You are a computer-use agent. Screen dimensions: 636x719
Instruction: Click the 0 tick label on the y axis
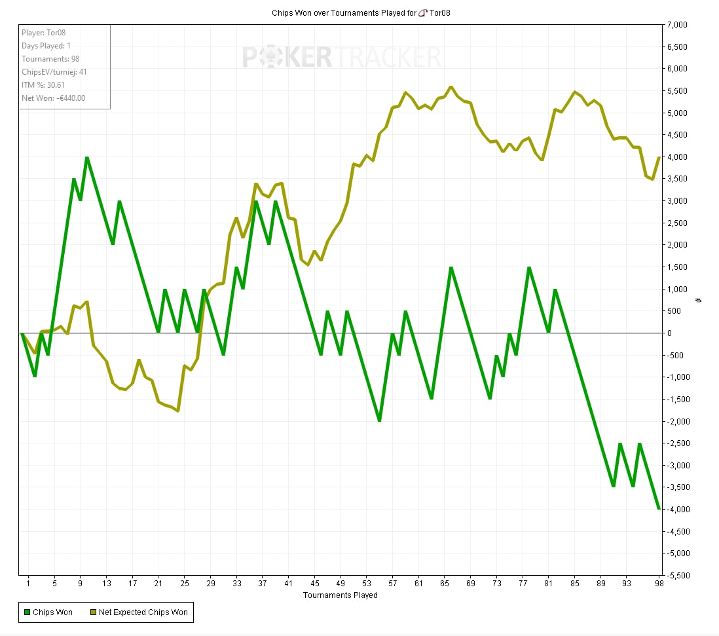[x=669, y=333]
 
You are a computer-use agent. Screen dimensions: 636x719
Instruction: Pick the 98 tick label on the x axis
[x=659, y=583]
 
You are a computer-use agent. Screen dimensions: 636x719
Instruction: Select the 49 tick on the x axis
[x=340, y=583]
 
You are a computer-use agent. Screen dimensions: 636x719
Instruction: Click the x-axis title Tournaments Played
[x=340, y=595]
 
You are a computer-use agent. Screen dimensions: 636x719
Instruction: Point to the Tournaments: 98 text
[x=50, y=59]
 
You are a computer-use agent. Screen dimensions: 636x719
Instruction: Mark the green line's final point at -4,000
[x=659, y=509]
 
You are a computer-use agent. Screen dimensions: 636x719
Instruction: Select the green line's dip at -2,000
[x=379, y=421]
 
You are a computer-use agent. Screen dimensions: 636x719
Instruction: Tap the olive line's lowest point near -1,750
[x=178, y=411]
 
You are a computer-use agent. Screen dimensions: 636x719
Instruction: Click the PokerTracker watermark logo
[x=342, y=57]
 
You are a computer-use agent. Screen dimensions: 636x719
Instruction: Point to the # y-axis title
[x=698, y=300]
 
